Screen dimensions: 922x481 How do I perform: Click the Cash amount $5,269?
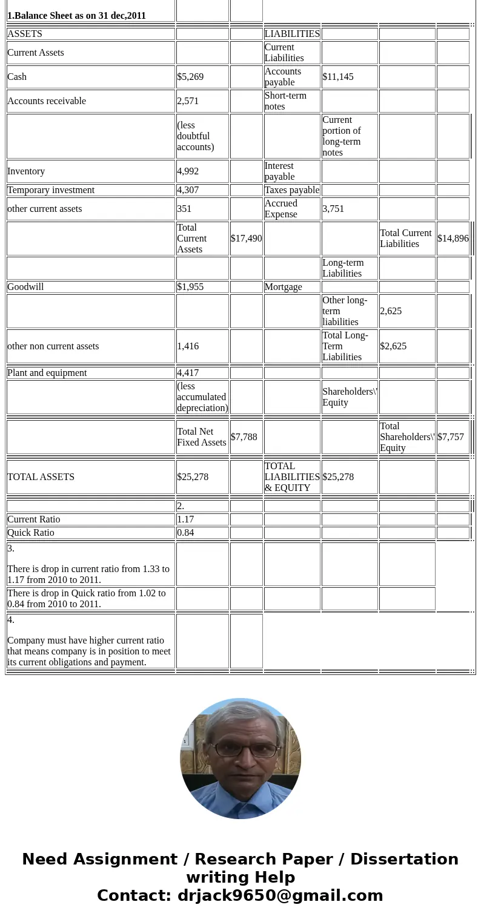190,77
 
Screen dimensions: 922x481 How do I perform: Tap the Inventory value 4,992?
188,171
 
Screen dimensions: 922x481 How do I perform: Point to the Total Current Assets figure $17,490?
246,239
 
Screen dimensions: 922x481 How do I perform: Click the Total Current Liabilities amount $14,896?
453,239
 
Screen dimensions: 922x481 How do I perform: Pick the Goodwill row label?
25,287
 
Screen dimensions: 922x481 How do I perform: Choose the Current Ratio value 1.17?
186,519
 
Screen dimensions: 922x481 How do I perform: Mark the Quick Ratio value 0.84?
186,533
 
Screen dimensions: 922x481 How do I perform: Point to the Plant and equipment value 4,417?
188,373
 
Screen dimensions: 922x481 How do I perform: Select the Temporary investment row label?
51,190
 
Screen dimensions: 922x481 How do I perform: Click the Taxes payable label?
291,190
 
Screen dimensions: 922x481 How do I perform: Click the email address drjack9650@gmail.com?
280,895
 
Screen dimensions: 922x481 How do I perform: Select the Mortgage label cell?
283,287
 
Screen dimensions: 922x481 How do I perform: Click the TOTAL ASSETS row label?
41,477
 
